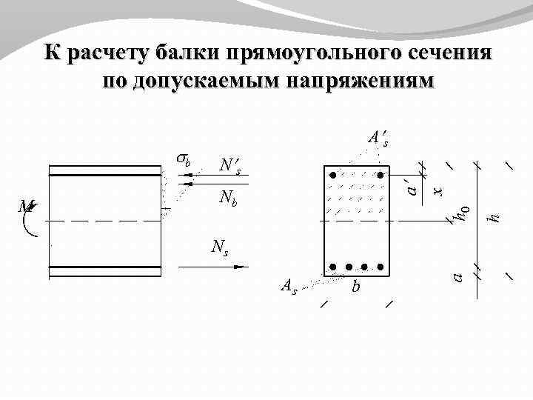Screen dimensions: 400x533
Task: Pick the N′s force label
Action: (x=229, y=165)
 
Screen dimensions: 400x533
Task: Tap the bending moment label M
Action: (x=27, y=208)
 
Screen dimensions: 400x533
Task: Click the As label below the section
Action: (x=288, y=286)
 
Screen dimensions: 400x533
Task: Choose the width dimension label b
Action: (x=356, y=286)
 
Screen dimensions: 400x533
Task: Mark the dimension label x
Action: (x=438, y=191)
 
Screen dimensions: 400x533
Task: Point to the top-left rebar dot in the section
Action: (x=334, y=176)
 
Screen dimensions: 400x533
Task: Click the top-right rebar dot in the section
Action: (x=381, y=176)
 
